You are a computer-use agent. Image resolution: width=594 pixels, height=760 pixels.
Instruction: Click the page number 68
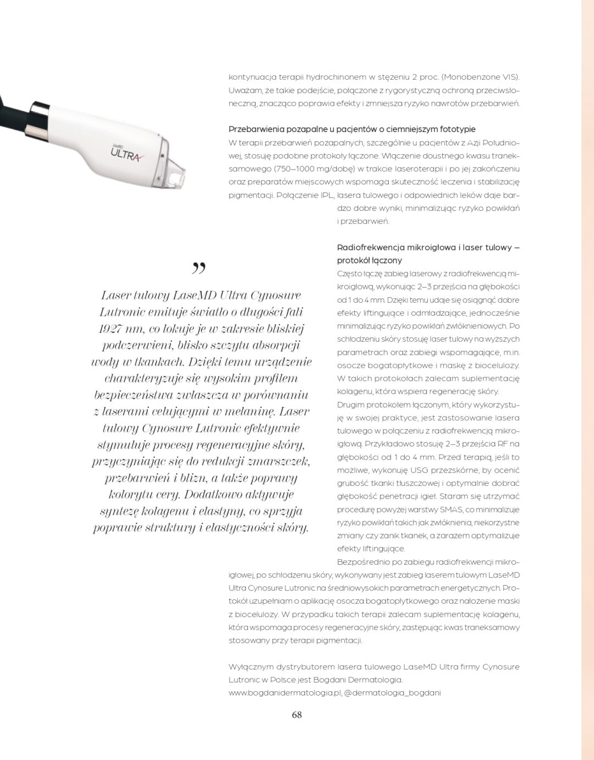click(296, 715)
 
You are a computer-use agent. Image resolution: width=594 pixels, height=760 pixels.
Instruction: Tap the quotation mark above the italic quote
click(199, 268)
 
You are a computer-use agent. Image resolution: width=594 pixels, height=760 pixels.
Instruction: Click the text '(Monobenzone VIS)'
click(480, 77)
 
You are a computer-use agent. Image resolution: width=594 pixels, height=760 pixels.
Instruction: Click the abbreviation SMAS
click(451, 510)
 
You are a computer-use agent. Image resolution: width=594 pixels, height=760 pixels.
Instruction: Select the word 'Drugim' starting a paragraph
click(350, 405)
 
